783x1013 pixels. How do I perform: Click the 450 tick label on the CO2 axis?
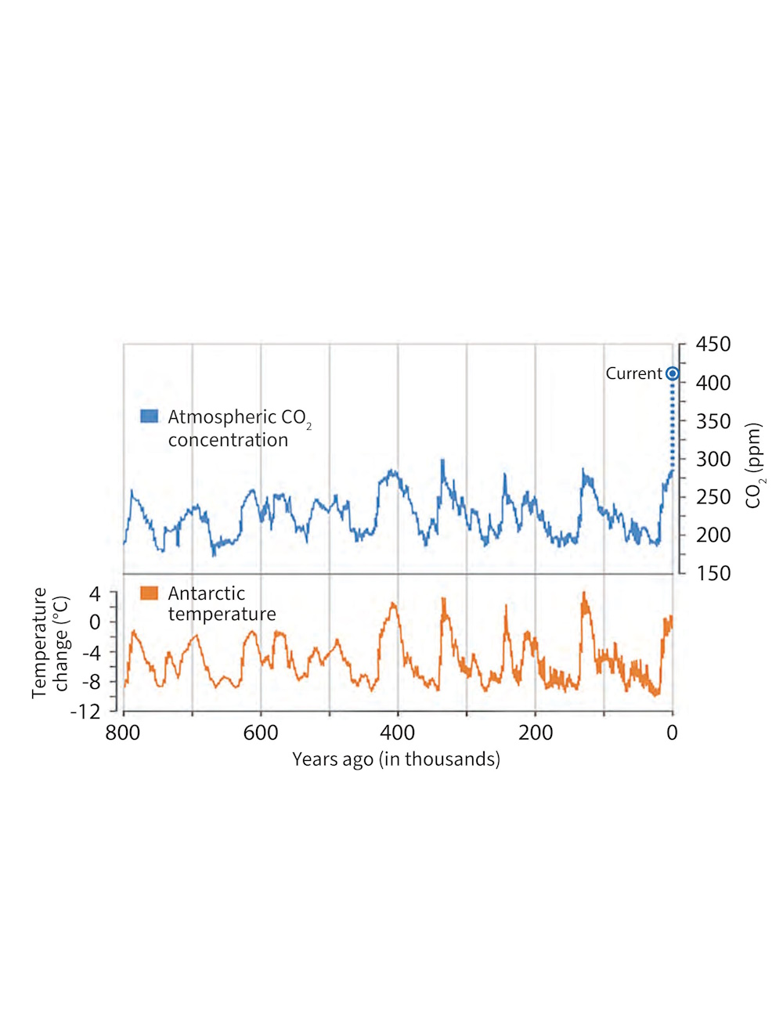pos(713,344)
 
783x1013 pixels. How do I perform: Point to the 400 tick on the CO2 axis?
pos(713,383)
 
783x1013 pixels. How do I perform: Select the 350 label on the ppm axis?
pos(713,421)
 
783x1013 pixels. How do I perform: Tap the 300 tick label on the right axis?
pos(713,459)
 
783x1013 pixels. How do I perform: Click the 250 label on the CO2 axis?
pos(713,497)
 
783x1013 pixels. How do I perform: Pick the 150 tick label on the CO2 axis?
pos(713,573)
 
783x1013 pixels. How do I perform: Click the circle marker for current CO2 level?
pos(672,374)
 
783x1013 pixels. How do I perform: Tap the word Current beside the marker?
pos(633,373)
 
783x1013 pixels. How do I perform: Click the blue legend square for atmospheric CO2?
pos(149,416)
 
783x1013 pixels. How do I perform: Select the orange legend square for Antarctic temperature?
pos(149,593)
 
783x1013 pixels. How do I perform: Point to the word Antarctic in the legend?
pos(206,593)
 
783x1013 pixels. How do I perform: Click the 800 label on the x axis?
pos(123,733)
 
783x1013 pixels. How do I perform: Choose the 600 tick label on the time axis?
pos(261,733)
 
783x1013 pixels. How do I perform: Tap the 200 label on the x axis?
pos(536,733)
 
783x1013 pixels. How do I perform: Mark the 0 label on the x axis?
pos(672,733)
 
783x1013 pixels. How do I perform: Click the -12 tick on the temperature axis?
pos(85,712)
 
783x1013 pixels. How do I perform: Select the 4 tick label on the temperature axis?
pos(95,594)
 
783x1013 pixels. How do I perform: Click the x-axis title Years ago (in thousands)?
pos(396,759)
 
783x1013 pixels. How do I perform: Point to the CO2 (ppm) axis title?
pos(753,466)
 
